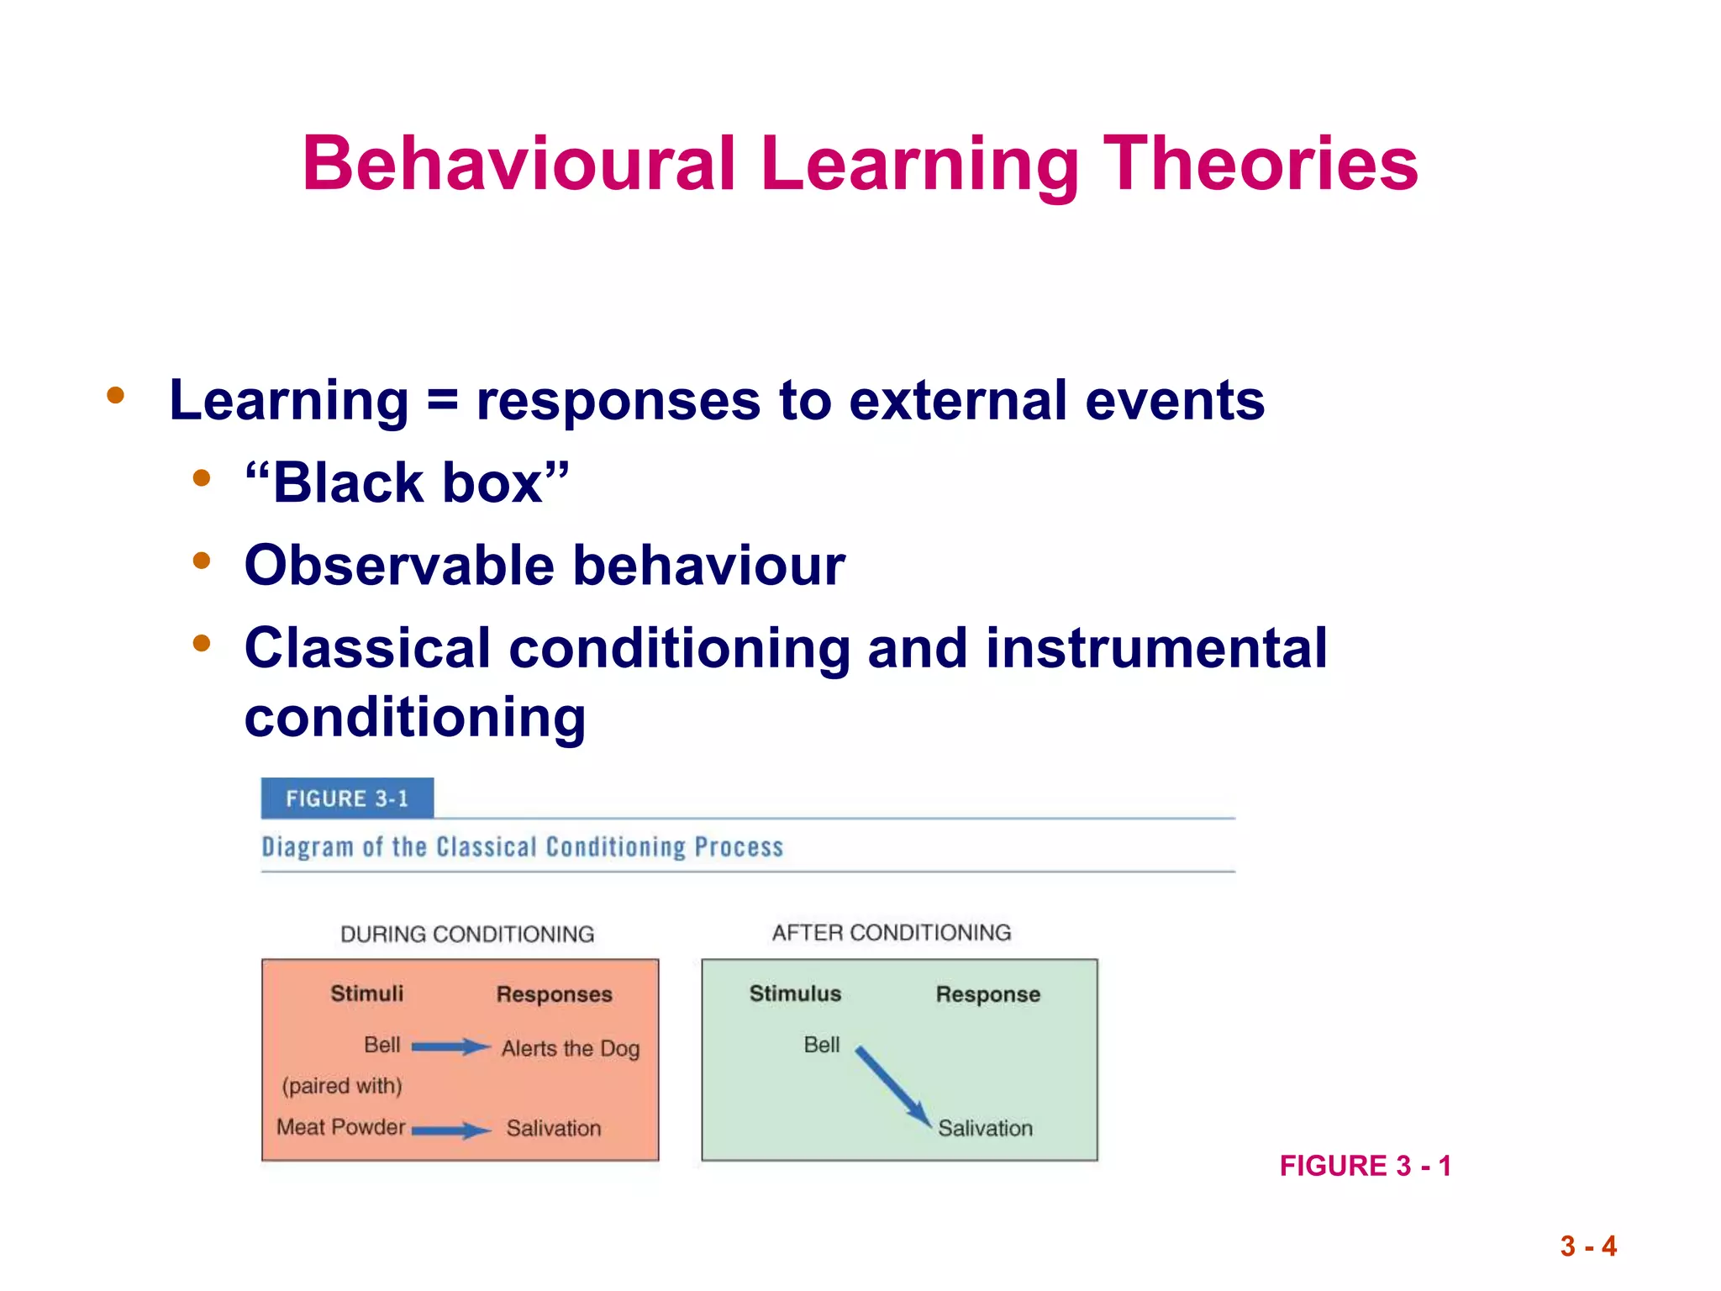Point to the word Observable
pyautogui.click(x=399, y=565)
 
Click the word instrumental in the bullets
pyautogui.click(x=1156, y=648)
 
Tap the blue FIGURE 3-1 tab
pyautogui.click(x=347, y=798)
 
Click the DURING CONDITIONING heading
pyautogui.click(x=467, y=934)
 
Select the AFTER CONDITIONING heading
pyautogui.click(x=892, y=933)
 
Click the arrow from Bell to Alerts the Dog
pyautogui.click(x=450, y=1046)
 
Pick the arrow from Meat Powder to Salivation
pyautogui.click(x=450, y=1130)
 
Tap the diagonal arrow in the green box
pyautogui.click(x=893, y=1087)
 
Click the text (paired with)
pyautogui.click(x=342, y=1086)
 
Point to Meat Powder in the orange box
pyautogui.click(x=341, y=1127)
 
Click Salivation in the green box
pyautogui.click(x=985, y=1128)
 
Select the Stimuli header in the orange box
pyautogui.click(x=366, y=993)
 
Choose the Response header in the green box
pyautogui.click(x=987, y=994)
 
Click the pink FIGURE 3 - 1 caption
pyautogui.click(x=1365, y=1166)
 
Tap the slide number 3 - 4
pyautogui.click(x=1588, y=1246)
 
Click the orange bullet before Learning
pyautogui.click(x=116, y=395)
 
